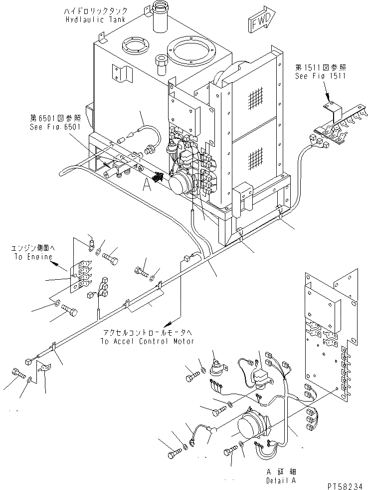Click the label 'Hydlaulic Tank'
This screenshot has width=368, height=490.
95,19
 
